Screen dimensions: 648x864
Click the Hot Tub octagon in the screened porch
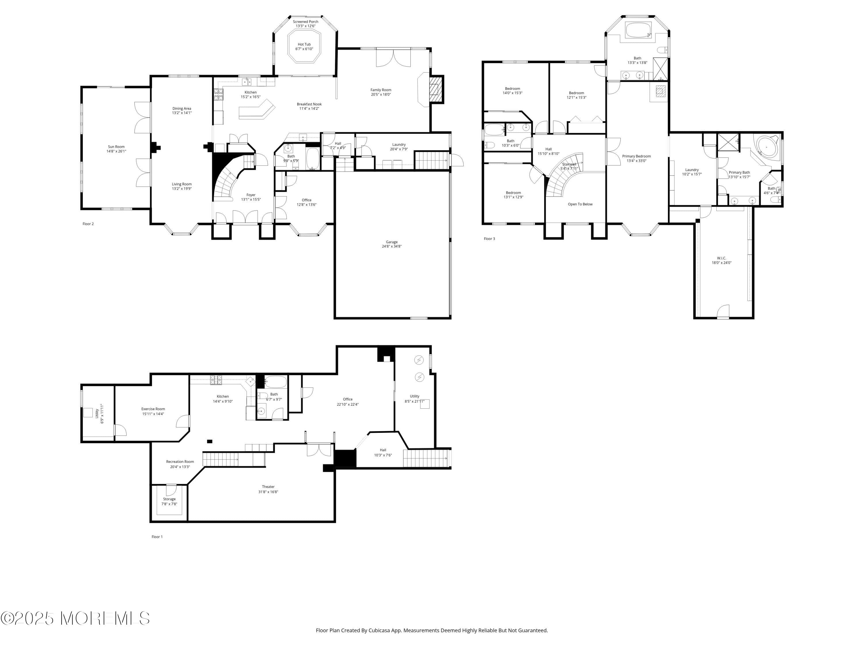click(304, 46)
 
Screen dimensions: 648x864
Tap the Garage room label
click(391, 242)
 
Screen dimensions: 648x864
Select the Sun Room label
click(116, 147)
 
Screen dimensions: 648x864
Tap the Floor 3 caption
click(489, 239)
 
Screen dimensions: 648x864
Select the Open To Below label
click(580, 204)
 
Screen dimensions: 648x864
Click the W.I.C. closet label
click(721, 258)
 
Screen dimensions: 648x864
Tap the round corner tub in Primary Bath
click(766, 147)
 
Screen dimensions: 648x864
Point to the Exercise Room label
click(153, 409)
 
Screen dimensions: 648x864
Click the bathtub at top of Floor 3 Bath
click(638, 30)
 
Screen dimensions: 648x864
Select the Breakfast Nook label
click(309, 104)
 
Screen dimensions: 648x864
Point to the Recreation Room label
click(180, 462)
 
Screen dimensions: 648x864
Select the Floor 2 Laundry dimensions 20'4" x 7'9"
click(399, 149)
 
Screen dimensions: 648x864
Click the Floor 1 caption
click(157, 537)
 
